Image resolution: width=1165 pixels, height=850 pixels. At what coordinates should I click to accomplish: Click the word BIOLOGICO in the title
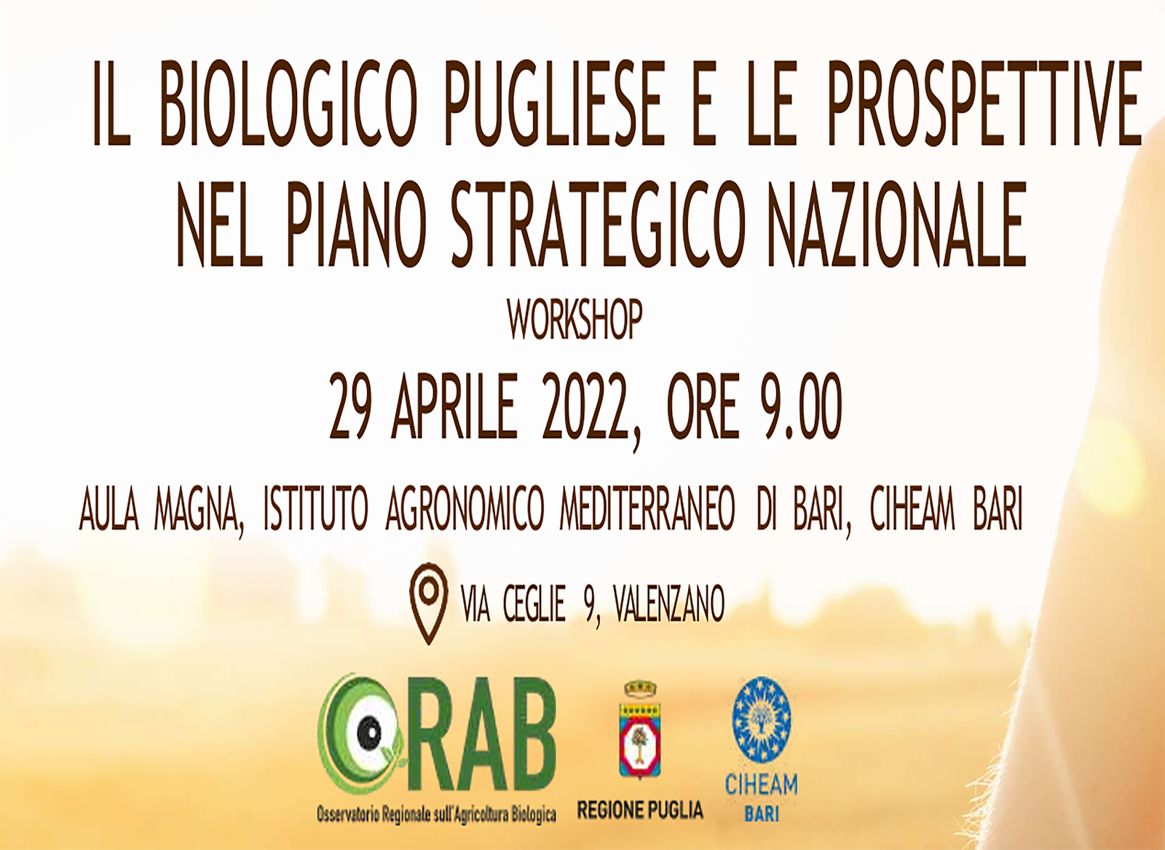click(x=289, y=103)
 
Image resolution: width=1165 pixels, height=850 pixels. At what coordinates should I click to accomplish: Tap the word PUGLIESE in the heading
click(x=554, y=103)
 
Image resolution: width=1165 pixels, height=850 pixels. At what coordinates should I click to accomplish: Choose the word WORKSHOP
click(x=574, y=320)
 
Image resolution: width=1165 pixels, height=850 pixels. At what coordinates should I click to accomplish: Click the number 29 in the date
click(x=350, y=406)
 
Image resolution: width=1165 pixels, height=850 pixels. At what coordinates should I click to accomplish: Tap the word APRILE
click(x=454, y=406)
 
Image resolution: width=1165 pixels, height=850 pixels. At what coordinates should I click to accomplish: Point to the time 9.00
click(x=801, y=406)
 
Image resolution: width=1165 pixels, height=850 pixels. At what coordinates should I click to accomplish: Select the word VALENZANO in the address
click(x=669, y=603)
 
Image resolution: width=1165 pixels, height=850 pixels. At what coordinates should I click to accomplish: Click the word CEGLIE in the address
click(x=534, y=603)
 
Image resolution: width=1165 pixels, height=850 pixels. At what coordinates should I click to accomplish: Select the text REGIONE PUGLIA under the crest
click(x=640, y=810)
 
